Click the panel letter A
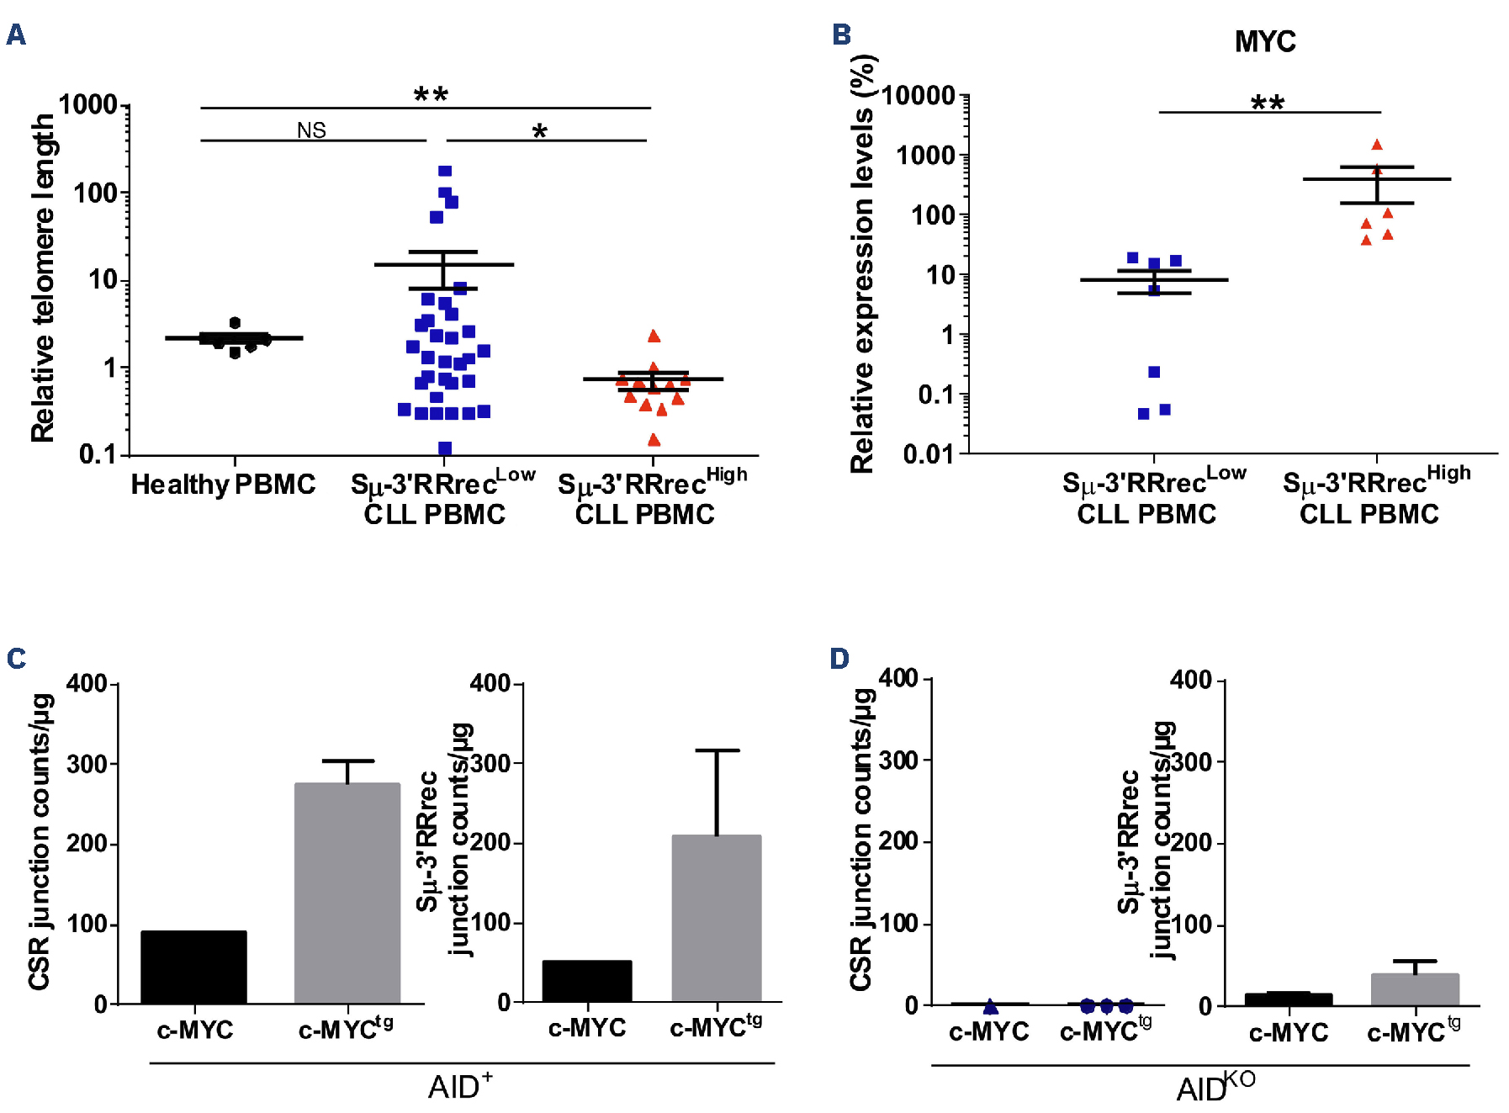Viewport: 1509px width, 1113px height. click(16, 34)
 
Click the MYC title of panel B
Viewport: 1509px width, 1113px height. click(1264, 41)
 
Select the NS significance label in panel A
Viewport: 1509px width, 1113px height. click(311, 130)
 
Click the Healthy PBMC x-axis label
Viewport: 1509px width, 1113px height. click(223, 485)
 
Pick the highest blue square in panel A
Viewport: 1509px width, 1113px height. click(445, 171)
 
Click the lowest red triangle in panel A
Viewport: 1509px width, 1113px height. click(654, 439)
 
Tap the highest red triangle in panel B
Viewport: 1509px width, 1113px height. click(1377, 145)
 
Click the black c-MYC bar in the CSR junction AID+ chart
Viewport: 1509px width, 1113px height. click(193, 967)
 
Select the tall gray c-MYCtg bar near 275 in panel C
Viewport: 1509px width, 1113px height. click(347, 893)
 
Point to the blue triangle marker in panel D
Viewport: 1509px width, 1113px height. click(991, 1006)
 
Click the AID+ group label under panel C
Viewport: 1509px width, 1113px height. click(460, 1087)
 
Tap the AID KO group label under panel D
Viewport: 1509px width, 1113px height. click(1215, 1087)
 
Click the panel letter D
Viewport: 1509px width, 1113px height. click(839, 658)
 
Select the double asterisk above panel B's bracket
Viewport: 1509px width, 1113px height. click(1267, 103)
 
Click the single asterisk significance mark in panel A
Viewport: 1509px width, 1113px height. click(539, 131)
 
